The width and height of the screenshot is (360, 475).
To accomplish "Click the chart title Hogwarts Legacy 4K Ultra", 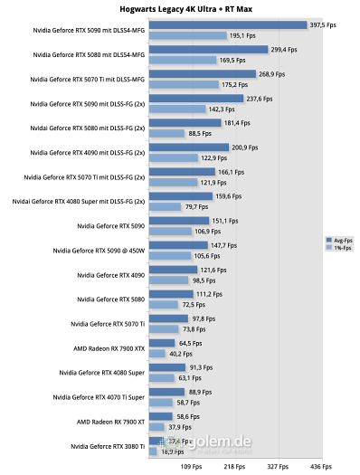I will [x=180, y=8].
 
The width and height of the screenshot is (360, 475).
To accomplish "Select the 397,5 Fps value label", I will [x=324, y=25].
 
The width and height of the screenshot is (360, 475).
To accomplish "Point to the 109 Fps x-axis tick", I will [x=192, y=466].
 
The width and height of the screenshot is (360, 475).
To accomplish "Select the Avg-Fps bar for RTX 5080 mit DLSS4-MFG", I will [x=208, y=50].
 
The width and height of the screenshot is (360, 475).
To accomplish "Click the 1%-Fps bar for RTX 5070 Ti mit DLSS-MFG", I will [x=186, y=84].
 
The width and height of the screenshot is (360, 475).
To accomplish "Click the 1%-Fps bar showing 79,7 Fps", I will [x=165, y=206].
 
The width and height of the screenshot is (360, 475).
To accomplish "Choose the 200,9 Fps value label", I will [x=246, y=147].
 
